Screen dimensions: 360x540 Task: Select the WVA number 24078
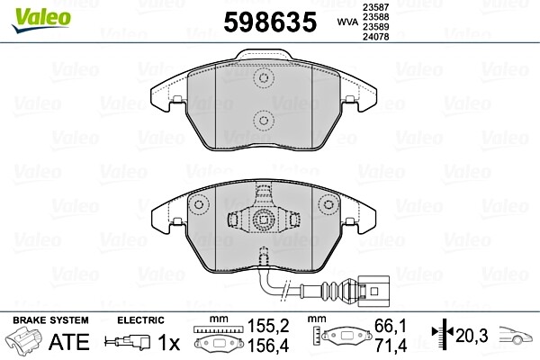[x=373, y=39]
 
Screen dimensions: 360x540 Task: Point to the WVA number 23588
[x=373, y=17]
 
